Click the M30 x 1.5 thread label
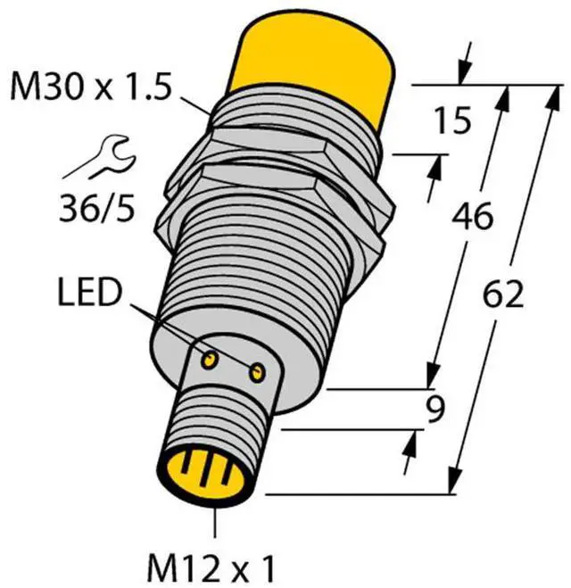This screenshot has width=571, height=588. point(91,87)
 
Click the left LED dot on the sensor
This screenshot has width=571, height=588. point(209,360)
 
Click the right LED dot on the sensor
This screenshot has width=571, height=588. point(257,373)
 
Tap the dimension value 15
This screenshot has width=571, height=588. point(453,120)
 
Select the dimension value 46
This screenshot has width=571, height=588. point(472,216)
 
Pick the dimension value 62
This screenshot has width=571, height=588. point(502,294)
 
